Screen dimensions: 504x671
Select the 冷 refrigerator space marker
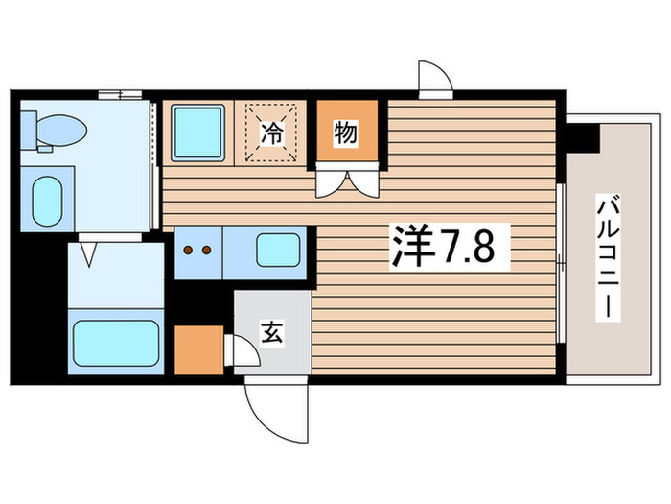[272, 134]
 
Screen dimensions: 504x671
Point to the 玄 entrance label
[271, 335]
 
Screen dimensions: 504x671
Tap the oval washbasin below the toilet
[45, 200]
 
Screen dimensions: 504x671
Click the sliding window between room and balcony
[560, 259]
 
